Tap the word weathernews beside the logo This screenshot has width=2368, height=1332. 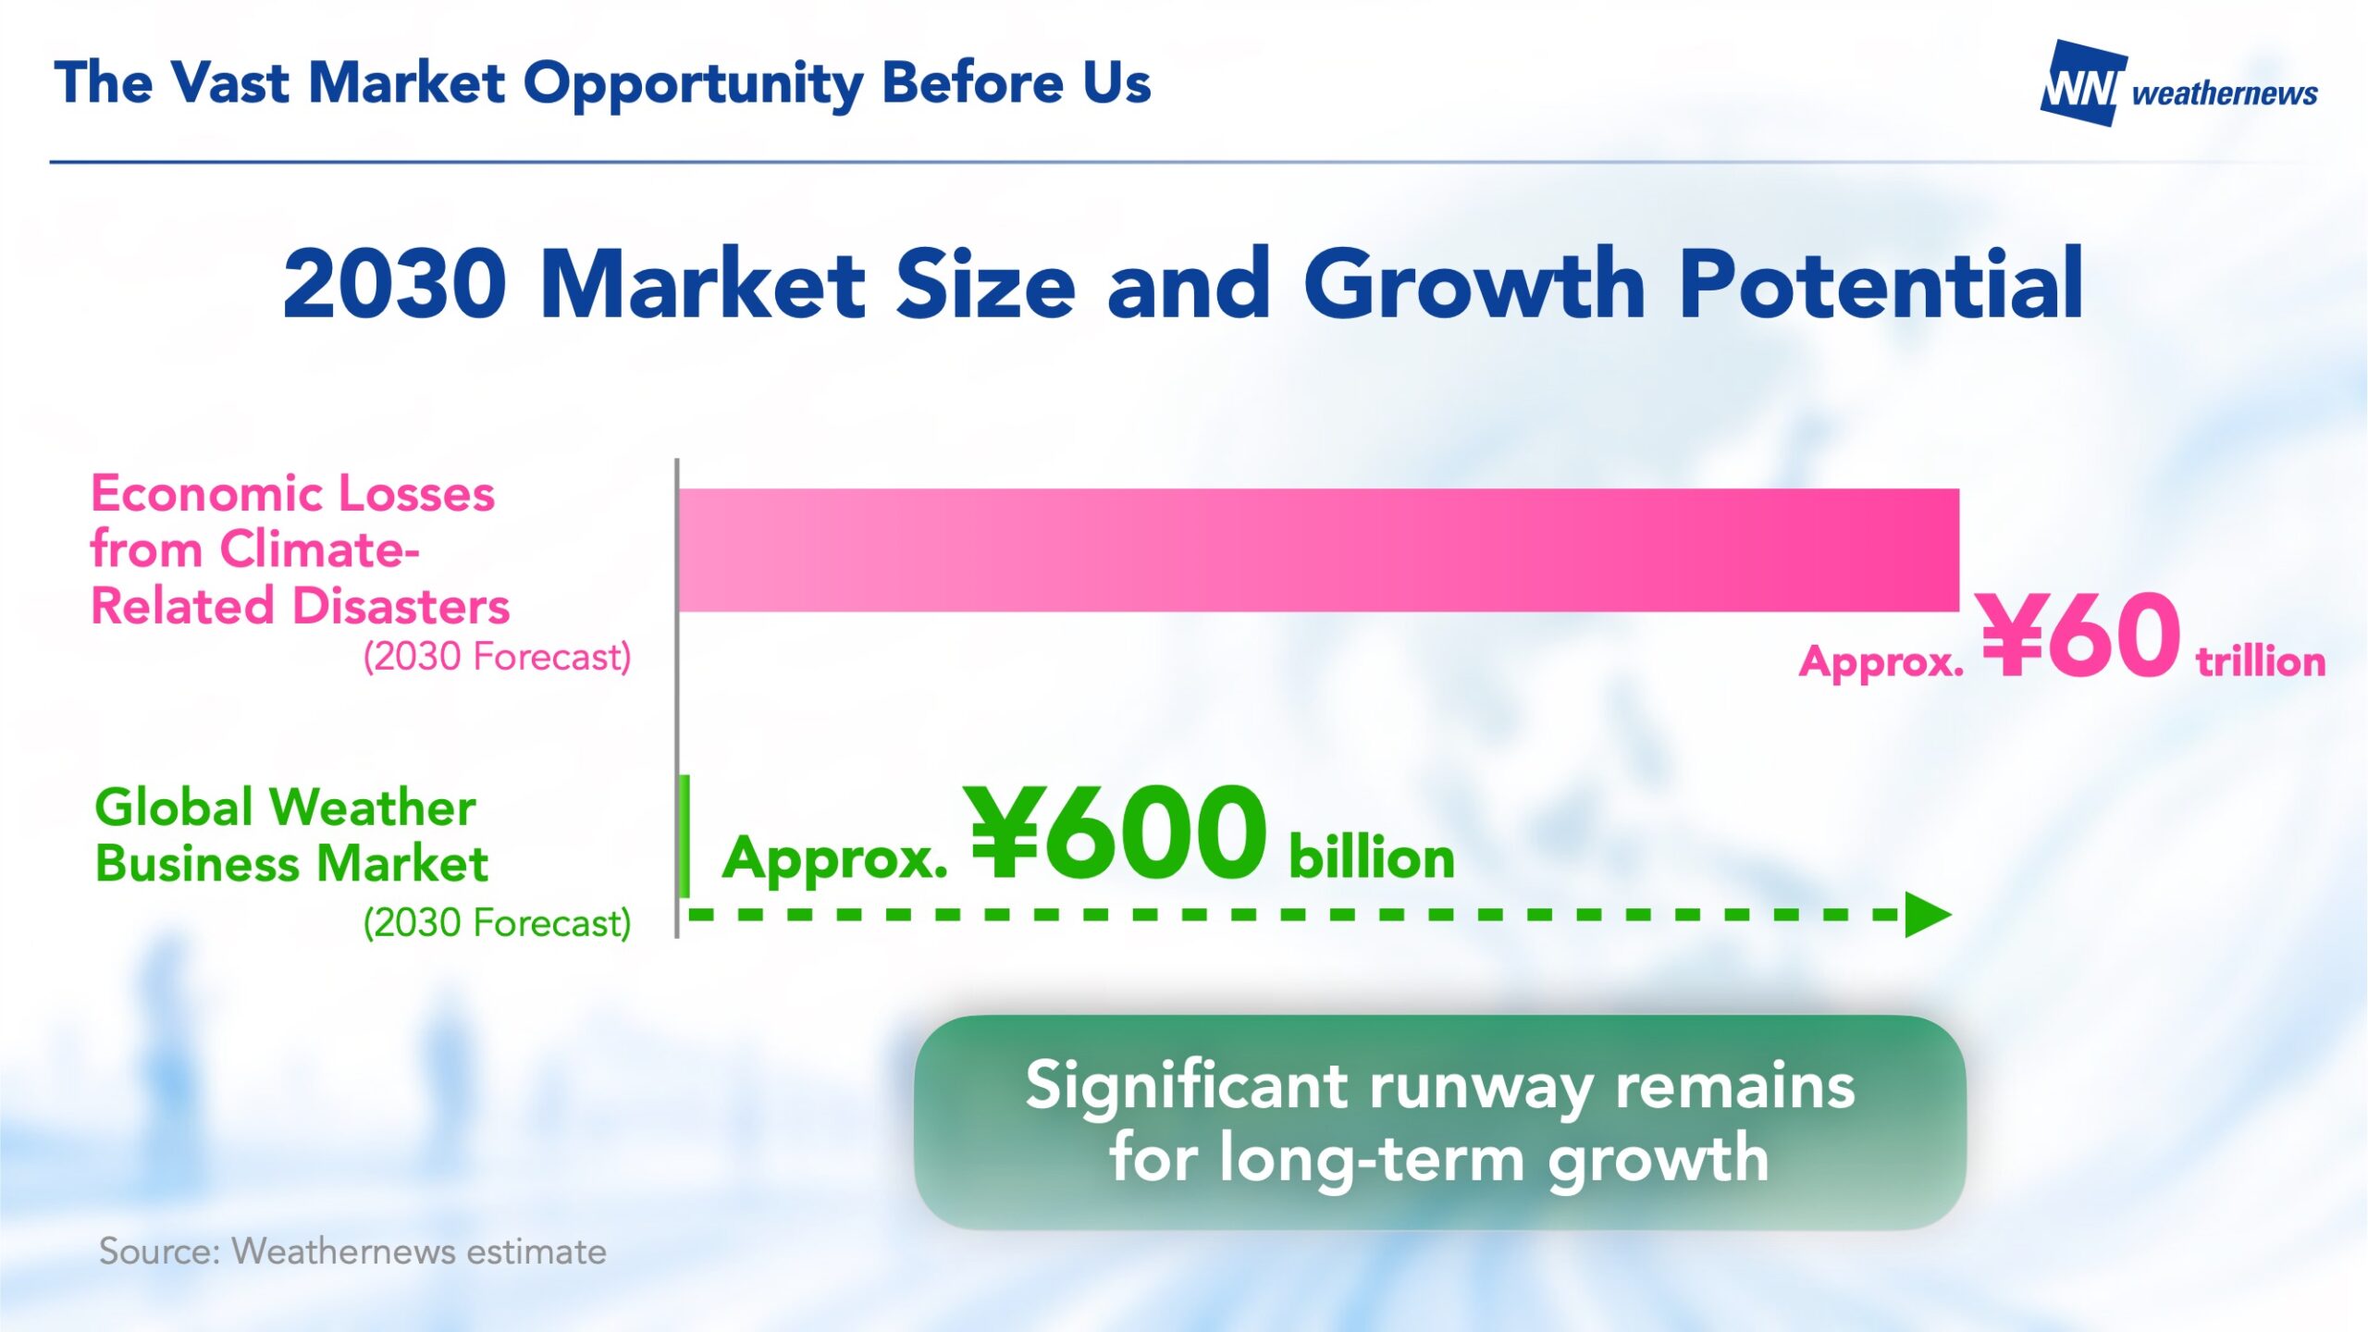pos(2225,93)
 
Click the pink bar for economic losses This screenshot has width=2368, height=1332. pos(1318,549)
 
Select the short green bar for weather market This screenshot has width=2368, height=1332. pos(684,836)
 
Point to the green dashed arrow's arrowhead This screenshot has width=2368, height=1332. pos(1928,916)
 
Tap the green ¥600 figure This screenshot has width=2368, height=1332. pos(1115,832)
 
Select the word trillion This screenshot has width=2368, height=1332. pos(2261,662)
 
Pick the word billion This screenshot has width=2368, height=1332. pos(1372,857)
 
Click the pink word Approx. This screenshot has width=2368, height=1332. pos(1881,663)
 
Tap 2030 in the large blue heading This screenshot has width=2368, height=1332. pos(395,284)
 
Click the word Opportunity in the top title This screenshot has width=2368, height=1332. pos(693,85)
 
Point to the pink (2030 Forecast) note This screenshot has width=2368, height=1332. pos(497,657)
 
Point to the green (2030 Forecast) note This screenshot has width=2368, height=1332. pos(497,923)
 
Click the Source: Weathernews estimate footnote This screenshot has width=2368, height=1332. pos(352,1252)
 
